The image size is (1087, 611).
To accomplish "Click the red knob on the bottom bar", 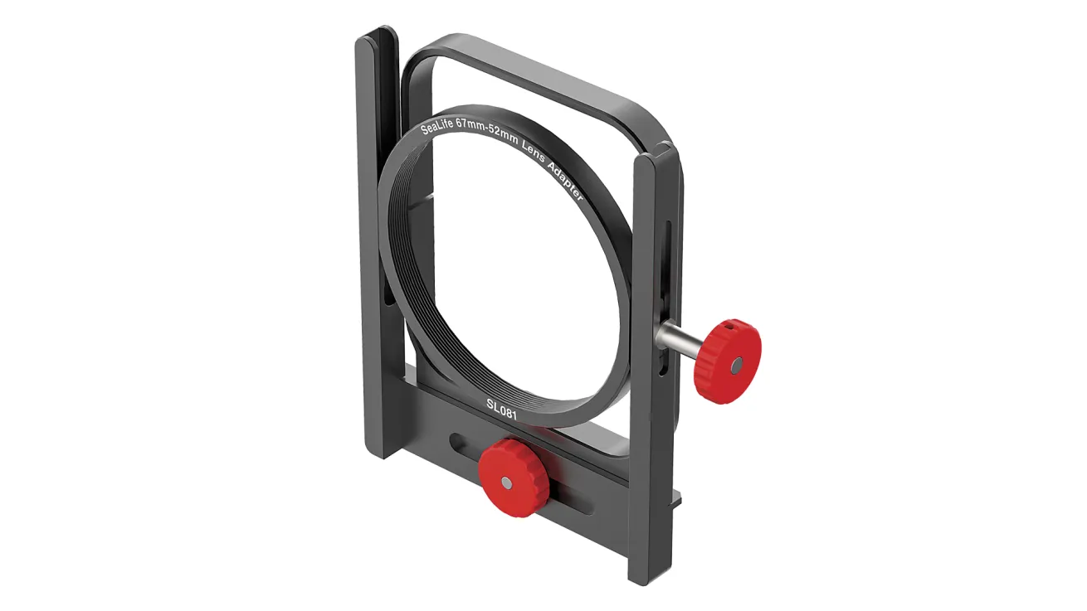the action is (514, 478).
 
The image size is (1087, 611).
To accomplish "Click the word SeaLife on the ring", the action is (436, 126).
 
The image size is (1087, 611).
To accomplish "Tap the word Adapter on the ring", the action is (566, 178).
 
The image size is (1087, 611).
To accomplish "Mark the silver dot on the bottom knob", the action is (506, 482).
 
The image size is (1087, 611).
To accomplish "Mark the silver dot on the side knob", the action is (737, 365).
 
